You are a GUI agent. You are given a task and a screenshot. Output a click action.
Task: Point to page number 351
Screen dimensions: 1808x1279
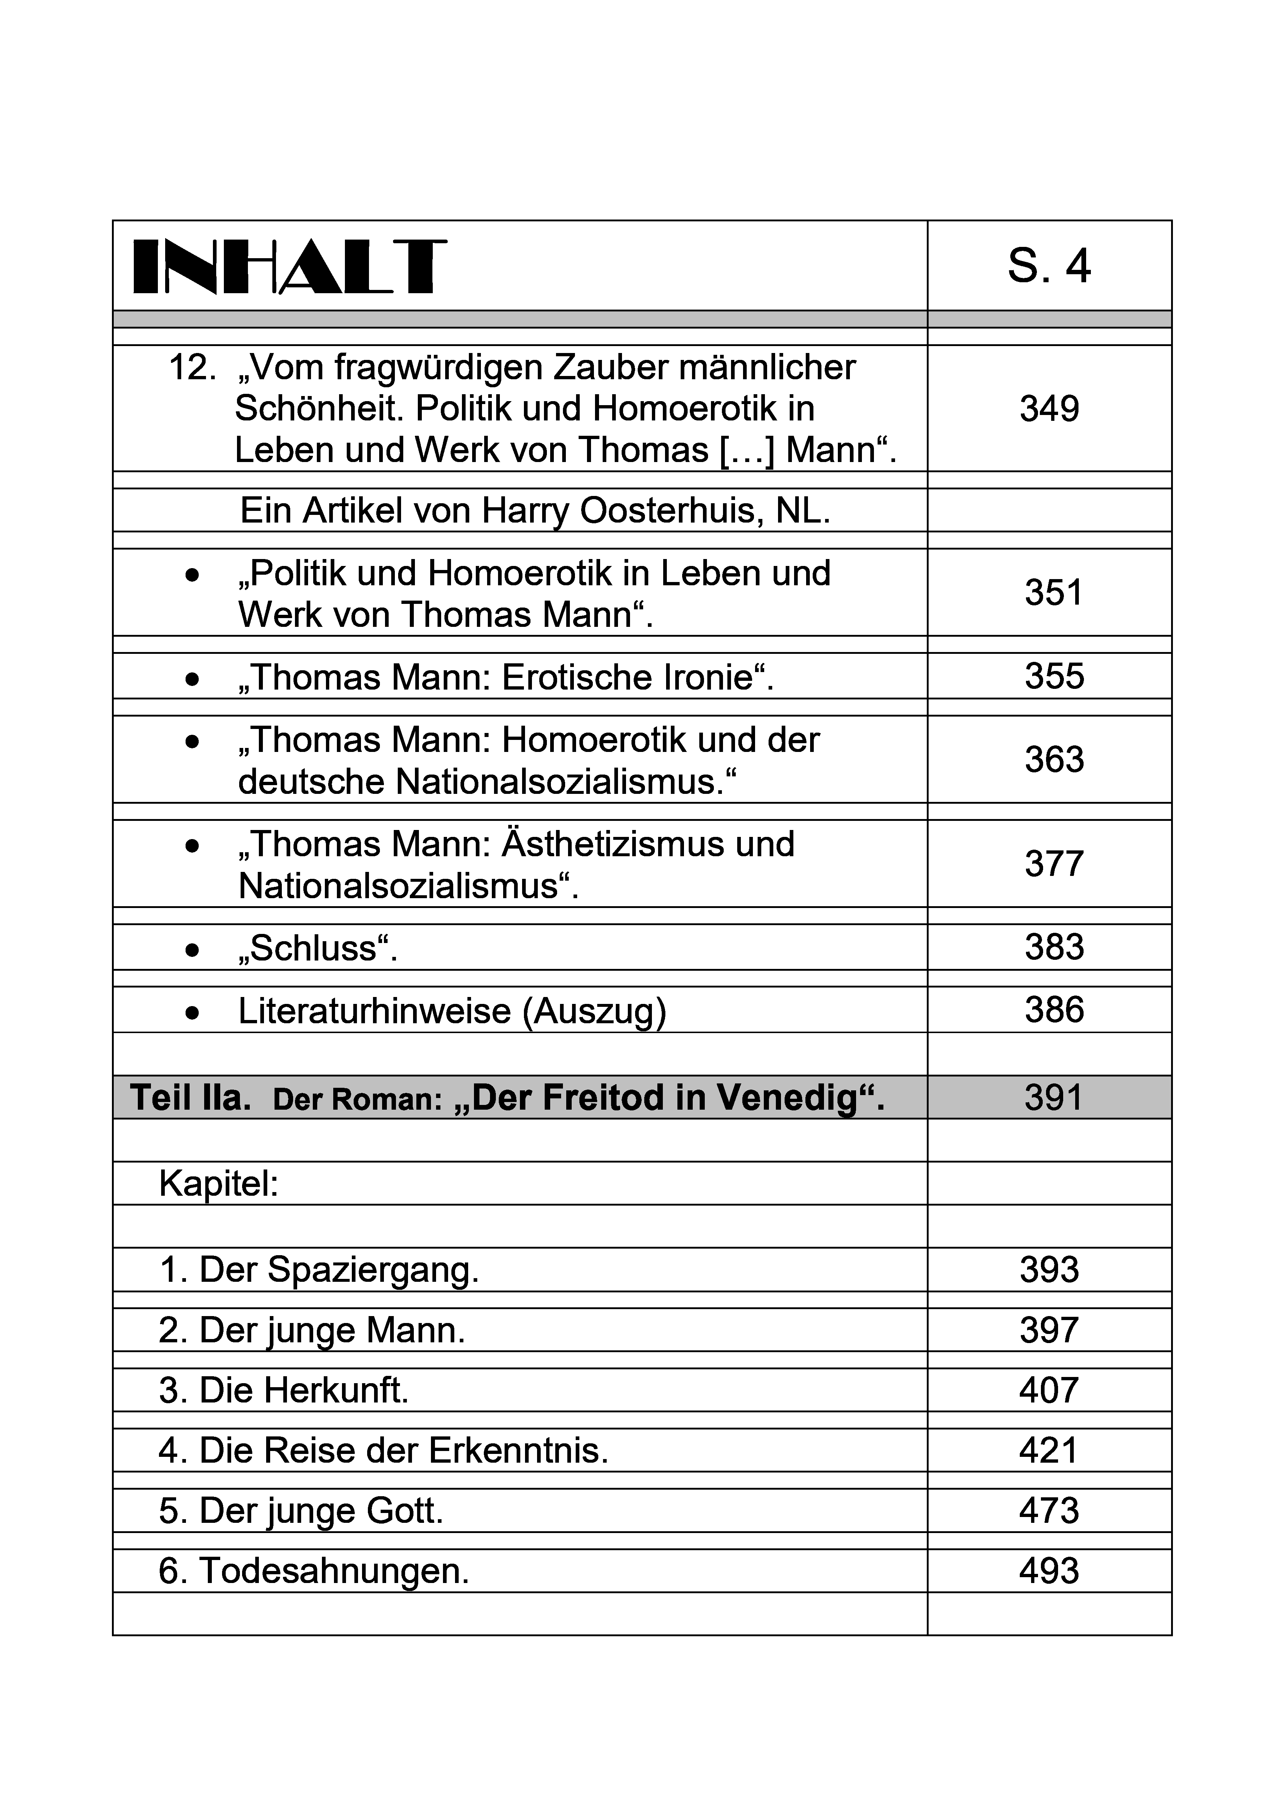(x=1054, y=593)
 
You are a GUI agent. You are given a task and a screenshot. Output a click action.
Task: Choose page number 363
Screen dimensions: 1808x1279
(x=1054, y=760)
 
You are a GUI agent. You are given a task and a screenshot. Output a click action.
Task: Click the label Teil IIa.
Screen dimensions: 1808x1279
(x=190, y=1097)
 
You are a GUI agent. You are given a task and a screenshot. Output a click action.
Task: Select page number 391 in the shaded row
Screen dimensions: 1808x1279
(x=1054, y=1097)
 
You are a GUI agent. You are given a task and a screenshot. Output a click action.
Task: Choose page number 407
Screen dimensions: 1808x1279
(x=1048, y=1390)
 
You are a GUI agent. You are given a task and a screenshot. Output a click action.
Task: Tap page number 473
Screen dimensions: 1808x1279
(x=1048, y=1511)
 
